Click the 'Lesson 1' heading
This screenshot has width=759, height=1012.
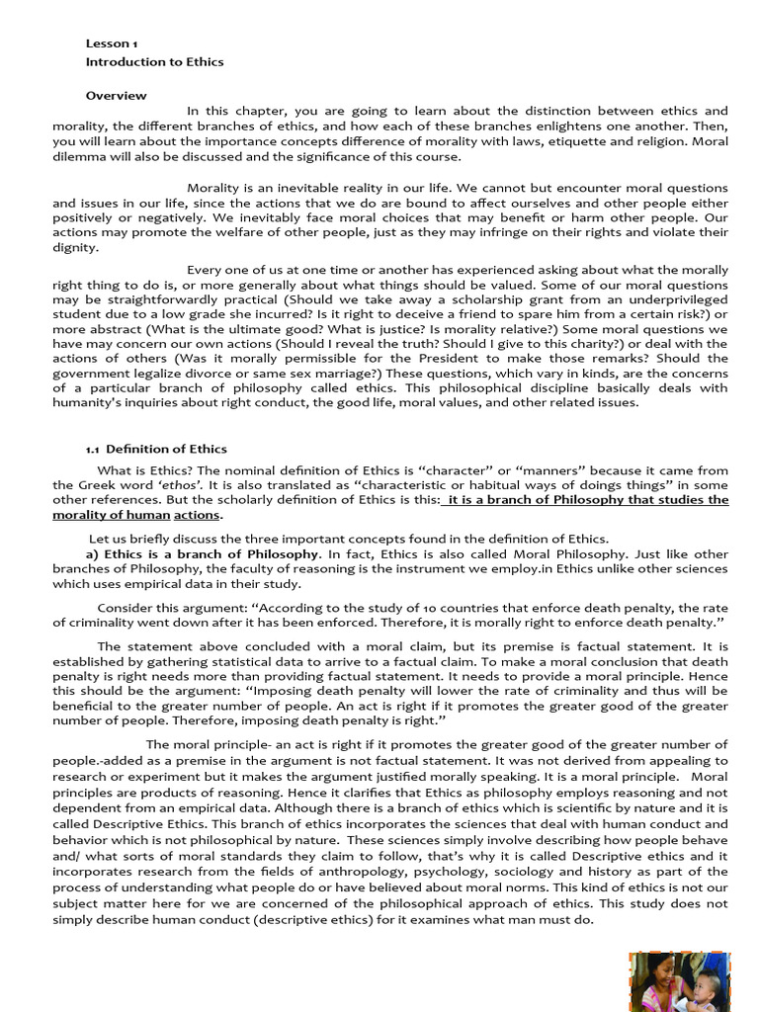pyautogui.click(x=112, y=43)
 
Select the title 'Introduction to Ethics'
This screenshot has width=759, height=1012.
pyautogui.click(x=154, y=61)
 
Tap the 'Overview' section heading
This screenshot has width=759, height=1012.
pyautogui.click(x=116, y=96)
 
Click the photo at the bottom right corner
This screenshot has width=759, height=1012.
pyautogui.click(x=679, y=981)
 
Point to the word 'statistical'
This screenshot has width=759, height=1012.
pyautogui.click(x=280, y=660)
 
